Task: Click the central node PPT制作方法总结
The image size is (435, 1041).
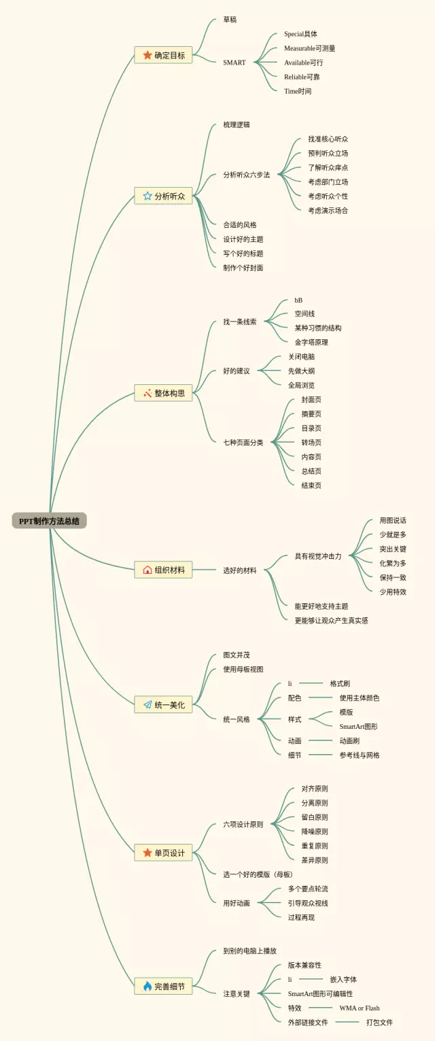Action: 49,521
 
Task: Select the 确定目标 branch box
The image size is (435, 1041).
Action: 163,55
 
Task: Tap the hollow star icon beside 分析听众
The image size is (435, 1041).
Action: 147,196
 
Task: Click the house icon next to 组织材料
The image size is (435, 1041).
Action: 147,570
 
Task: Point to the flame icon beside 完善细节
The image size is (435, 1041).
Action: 147,986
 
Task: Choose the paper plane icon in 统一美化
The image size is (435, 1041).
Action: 147,705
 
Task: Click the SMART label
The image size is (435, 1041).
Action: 234,63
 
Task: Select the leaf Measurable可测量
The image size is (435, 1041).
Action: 309,48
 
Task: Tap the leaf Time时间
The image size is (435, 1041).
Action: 298,91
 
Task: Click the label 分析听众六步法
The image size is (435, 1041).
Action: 246,175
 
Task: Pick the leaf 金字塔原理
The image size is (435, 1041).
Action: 311,342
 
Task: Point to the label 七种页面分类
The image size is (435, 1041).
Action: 243,443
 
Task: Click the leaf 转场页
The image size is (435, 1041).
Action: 311,443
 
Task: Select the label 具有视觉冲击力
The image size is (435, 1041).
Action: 317,556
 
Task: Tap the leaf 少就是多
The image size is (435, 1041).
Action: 393,535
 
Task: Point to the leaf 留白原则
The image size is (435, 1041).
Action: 315,817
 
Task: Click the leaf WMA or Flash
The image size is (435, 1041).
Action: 360,1008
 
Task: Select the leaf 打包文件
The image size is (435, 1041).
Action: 379,1022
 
